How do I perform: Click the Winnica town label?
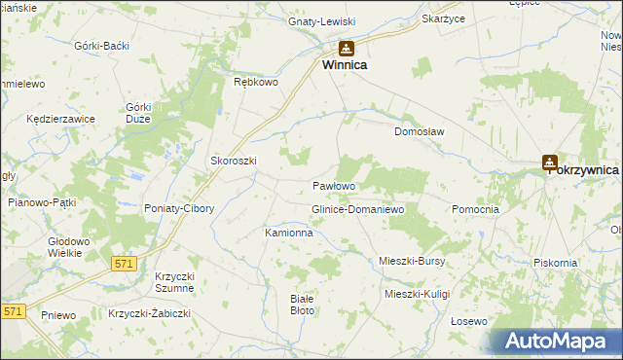tap(346, 66)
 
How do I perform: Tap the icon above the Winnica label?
tap(347, 48)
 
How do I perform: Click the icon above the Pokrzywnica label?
tap(550, 163)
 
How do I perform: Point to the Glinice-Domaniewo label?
tap(356, 209)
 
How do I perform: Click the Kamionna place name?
tap(289, 234)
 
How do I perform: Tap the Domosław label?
tap(419, 131)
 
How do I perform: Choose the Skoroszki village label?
tap(233, 161)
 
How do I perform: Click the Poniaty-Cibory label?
tap(180, 209)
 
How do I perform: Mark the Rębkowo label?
tap(257, 83)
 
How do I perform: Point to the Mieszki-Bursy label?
tap(412, 261)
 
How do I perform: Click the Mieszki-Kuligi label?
tap(419, 293)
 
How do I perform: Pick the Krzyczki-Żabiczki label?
tap(150, 312)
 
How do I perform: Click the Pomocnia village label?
tap(476, 209)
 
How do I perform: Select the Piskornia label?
tap(556, 263)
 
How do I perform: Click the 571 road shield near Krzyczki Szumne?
tap(123, 263)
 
